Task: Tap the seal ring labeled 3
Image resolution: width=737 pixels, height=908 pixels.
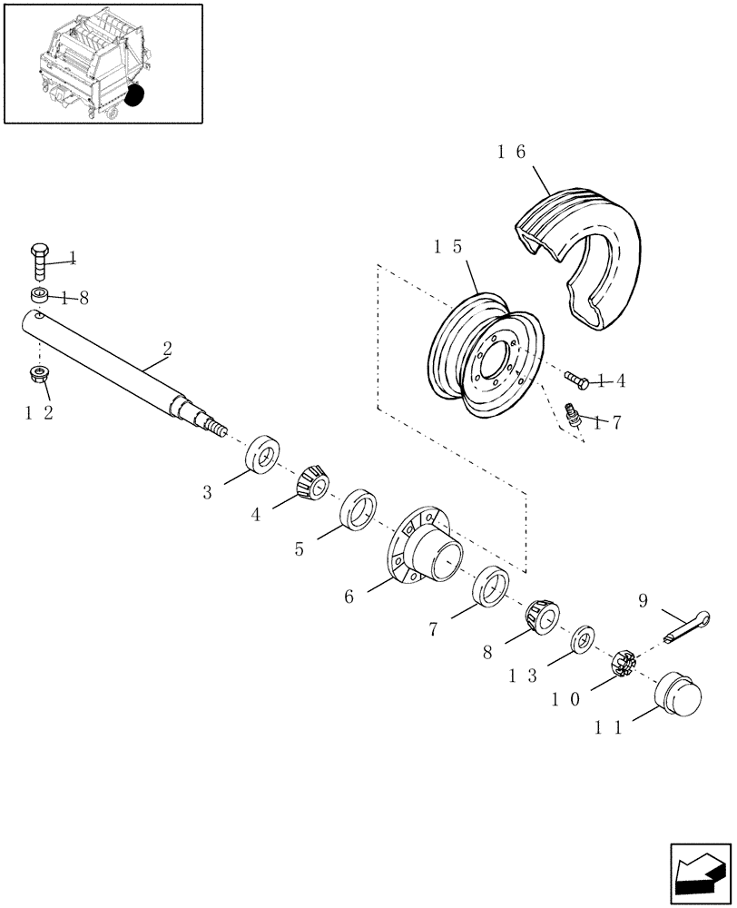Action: [x=262, y=454]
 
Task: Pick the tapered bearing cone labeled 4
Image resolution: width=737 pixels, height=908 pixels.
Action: [x=310, y=481]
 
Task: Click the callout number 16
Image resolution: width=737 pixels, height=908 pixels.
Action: [x=511, y=153]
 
